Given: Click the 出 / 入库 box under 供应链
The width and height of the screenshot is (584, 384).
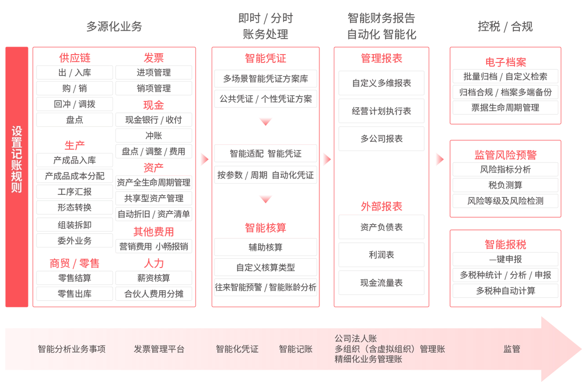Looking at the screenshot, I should click(x=74, y=73).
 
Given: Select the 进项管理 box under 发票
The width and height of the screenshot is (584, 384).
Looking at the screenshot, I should click(x=153, y=73).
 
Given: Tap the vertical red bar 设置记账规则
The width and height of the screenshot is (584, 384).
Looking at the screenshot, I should click(x=17, y=176).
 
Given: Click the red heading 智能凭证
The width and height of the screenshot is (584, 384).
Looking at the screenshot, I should click(x=265, y=59).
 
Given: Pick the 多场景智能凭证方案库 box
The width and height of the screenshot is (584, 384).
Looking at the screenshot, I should click(x=265, y=78).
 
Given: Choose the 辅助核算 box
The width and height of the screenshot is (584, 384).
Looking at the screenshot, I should click(x=265, y=247).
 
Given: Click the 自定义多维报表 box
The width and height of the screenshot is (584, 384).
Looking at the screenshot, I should click(x=382, y=83).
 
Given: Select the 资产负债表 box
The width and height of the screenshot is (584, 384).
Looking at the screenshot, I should click(x=382, y=227).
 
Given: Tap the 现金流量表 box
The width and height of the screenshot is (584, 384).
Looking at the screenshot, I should click(x=382, y=283).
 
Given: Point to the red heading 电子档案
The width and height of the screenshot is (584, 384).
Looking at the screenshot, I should click(x=505, y=62).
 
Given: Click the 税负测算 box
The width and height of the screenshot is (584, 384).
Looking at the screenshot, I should click(x=505, y=185).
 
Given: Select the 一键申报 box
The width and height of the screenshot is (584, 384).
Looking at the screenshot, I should click(x=505, y=260).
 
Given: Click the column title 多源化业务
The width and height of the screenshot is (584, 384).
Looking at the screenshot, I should click(x=114, y=27).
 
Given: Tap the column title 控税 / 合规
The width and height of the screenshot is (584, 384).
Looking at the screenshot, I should click(x=505, y=27).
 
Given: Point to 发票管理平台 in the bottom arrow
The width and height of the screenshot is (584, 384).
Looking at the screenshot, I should click(x=159, y=349).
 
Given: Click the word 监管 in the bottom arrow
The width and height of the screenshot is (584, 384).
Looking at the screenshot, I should click(x=511, y=349).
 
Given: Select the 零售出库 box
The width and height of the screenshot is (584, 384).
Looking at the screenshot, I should click(x=74, y=294).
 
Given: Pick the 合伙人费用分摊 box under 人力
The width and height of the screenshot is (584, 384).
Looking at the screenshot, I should click(x=153, y=294).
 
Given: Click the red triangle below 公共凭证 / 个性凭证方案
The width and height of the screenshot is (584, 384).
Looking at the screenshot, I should click(x=265, y=121).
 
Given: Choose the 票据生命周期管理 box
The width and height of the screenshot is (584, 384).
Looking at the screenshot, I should click(x=505, y=108).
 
